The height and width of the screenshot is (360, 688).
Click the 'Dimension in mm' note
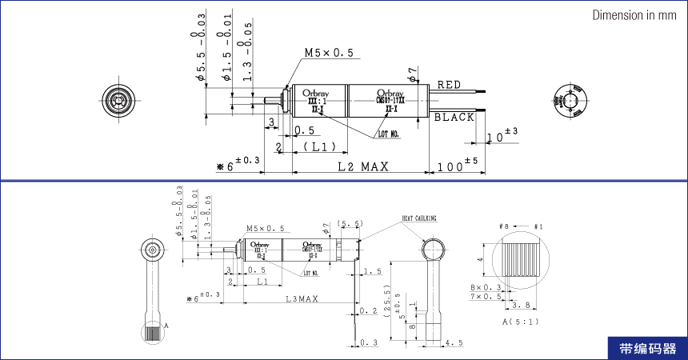click(634, 16)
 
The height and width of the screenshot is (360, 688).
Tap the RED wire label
click(449, 85)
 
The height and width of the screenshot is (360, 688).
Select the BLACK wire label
click(454, 117)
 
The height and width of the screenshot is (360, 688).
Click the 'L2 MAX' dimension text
click(362, 167)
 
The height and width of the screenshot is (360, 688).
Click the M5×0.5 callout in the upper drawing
click(328, 54)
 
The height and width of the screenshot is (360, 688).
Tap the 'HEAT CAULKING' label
click(420, 218)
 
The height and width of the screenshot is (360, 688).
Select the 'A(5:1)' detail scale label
click(519, 322)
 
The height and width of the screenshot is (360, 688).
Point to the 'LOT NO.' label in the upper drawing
click(389, 134)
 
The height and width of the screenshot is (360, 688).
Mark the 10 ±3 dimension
click(501, 136)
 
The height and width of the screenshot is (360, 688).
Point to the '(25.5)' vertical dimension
click(386, 302)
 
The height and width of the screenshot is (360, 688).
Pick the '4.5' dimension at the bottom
click(454, 343)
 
